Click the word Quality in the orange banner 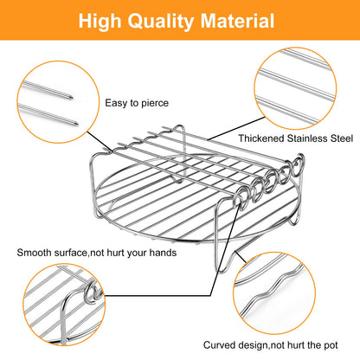[x=161, y=22]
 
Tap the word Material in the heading [x=237, y=21]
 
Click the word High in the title [x=100, y=22]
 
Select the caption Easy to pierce [x=137, y=103]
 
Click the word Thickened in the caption [x=261, y=138]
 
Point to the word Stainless [x=307, y=138]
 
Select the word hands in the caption [x=163, y=253]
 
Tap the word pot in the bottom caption [x=331, y=345]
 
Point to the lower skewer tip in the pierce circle [x=76, y=124]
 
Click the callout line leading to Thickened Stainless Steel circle [x=236, y=129]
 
